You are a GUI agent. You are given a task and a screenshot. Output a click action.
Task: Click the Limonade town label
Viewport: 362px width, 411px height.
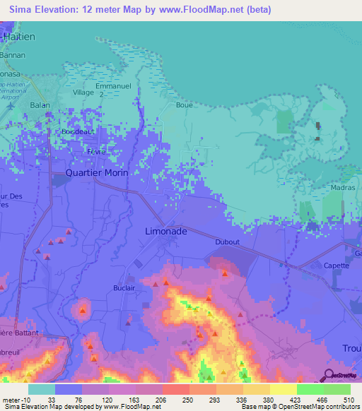[x=166, y=232]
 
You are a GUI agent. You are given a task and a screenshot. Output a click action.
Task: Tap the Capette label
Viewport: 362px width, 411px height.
[x=337, y=266]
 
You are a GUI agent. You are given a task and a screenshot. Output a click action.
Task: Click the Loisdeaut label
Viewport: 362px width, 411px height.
[x=78, y=132]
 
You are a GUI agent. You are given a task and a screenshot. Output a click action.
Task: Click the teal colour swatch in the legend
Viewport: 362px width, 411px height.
[x=42, y=388]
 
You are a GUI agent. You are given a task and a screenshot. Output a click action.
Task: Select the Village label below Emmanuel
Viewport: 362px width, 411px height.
[x=83, y=93]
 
